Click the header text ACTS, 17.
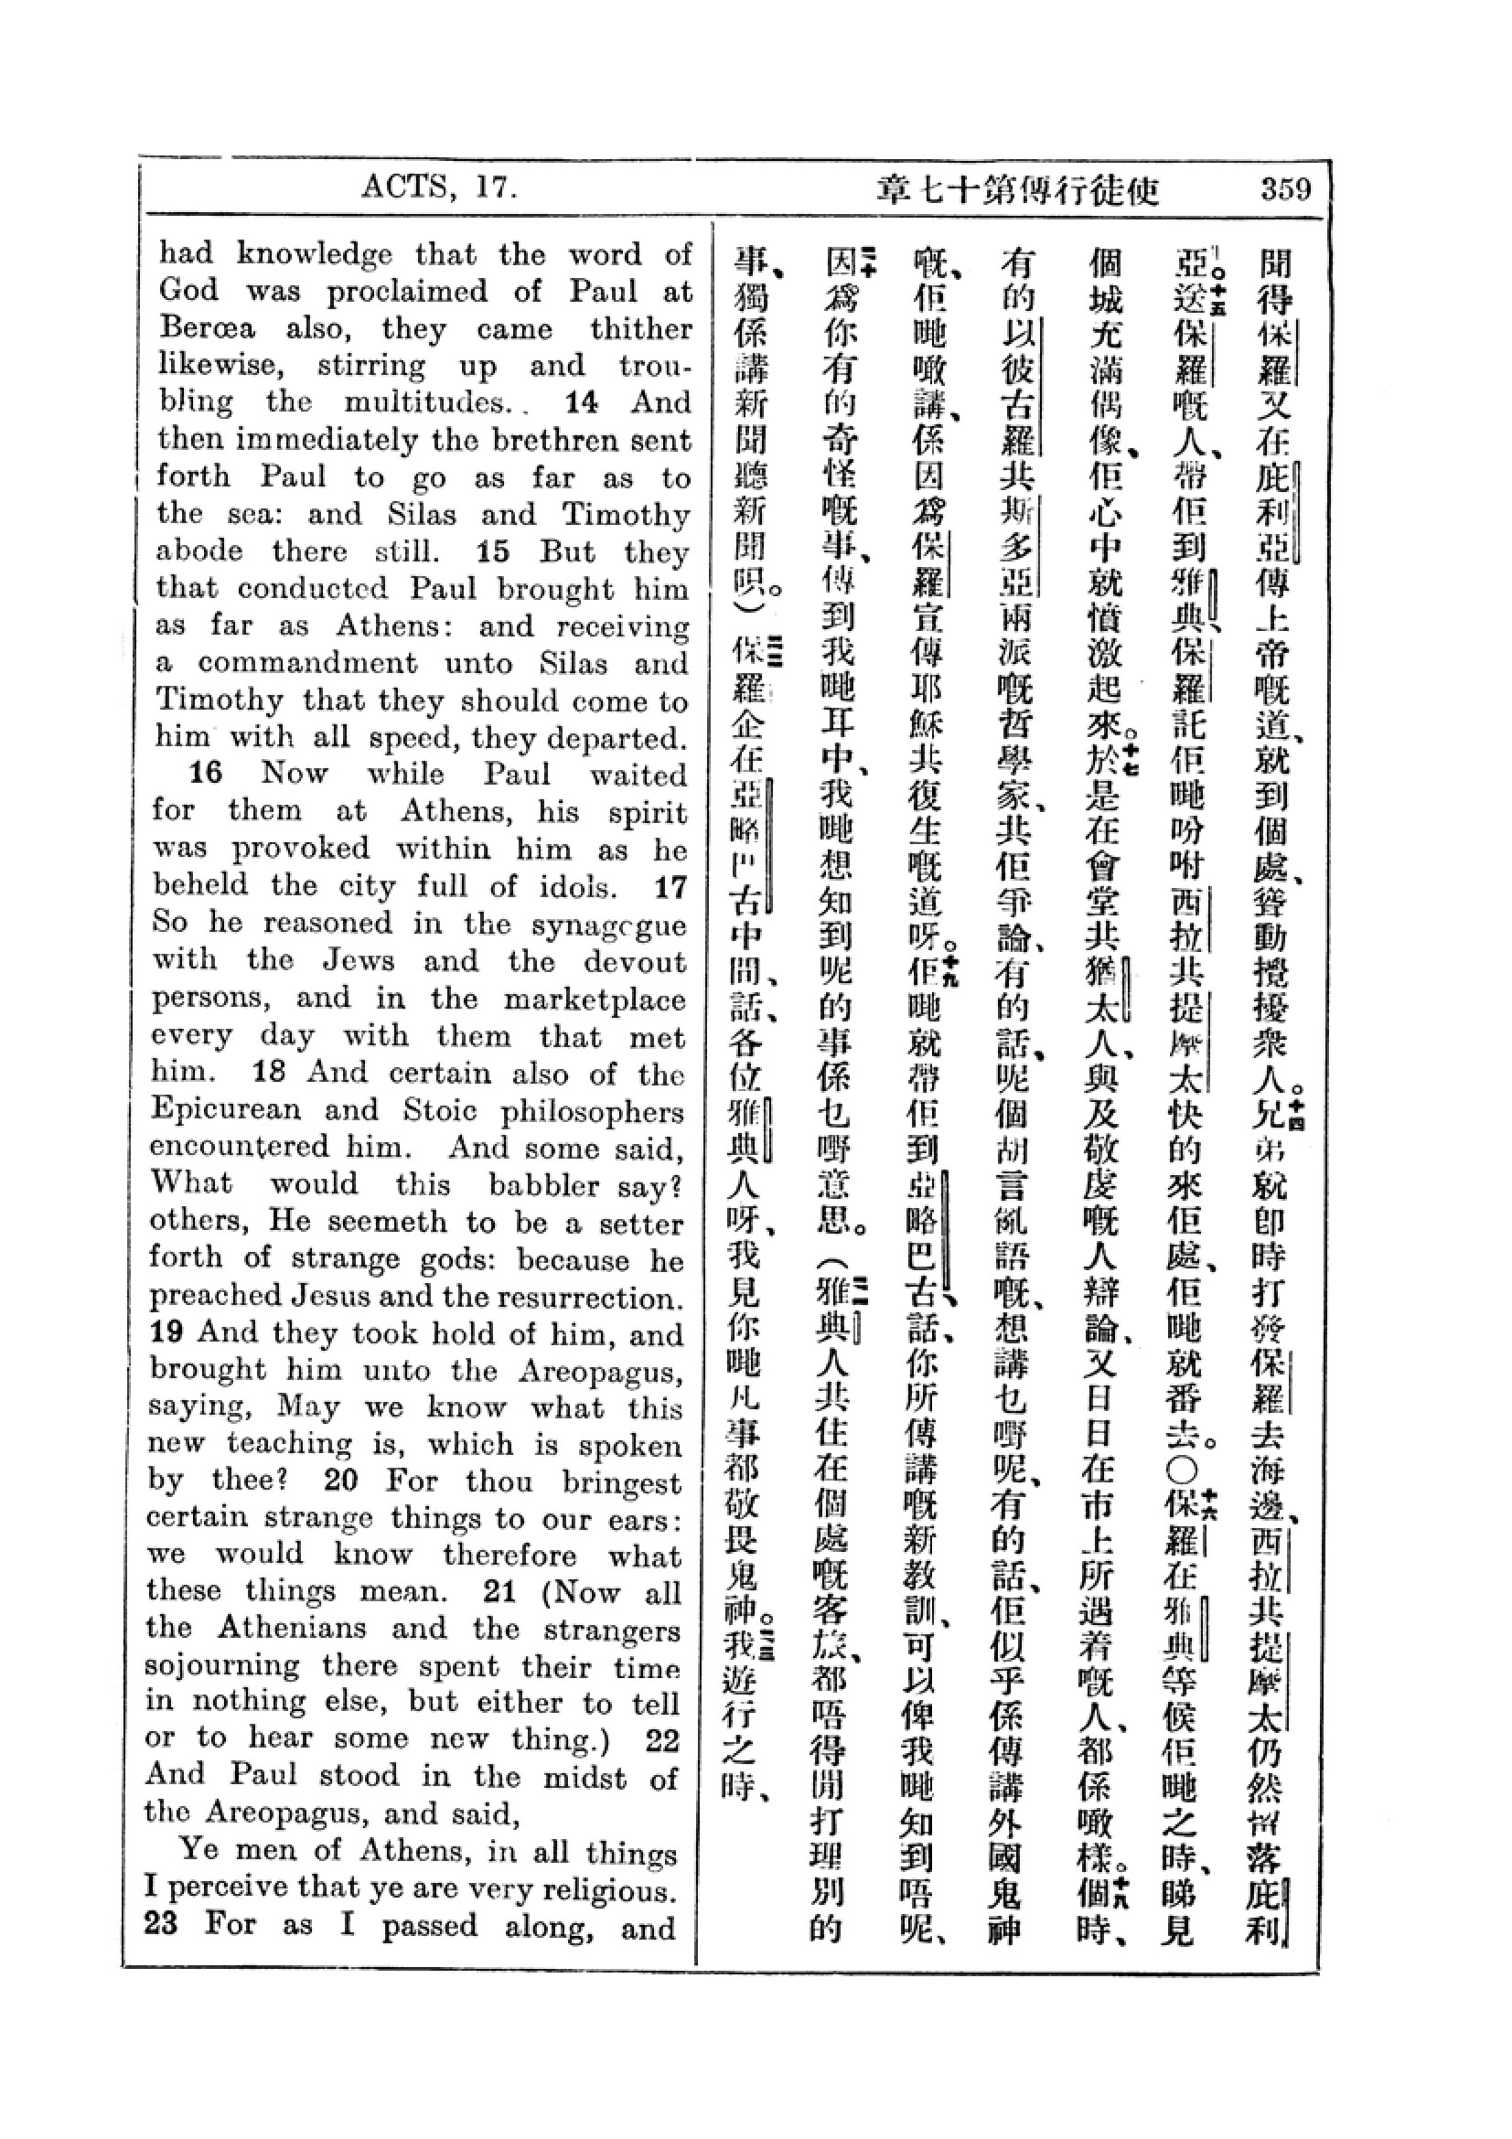pos(439,188)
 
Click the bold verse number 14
pos(583,402)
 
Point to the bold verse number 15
pos(493,551)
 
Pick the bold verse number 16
pos(207,774)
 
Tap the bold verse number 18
pos(268,1073)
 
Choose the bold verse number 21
pos(500,1591)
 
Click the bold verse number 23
pos(162,1924)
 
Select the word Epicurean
pos(225,1110)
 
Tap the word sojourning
pos(221,1665)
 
